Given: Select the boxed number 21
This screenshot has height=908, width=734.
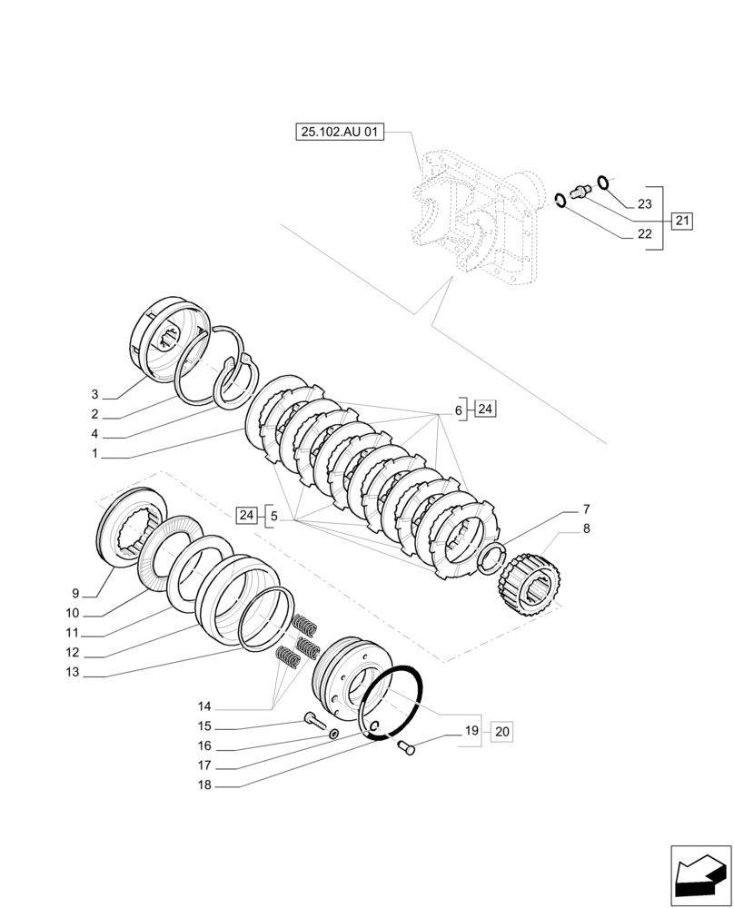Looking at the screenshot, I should pos(682,220).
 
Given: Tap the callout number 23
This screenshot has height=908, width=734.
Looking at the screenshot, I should pos(644,204).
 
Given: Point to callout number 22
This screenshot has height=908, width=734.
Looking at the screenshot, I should pos(644,234).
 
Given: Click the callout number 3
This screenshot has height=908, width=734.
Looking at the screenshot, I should pos(94,395).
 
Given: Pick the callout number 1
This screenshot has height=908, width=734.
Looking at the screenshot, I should pos(94,453).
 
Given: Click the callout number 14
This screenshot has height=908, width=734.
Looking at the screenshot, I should pos(204,706).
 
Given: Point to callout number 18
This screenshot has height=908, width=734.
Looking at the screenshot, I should pos(204,785).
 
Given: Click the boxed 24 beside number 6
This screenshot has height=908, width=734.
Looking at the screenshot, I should pos(484,410).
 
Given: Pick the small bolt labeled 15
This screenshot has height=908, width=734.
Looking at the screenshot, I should pos(314,721).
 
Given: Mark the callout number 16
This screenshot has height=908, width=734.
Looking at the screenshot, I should pos(204,745).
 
